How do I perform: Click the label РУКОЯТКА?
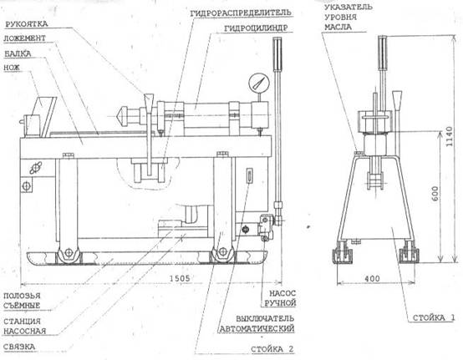coord(27,24)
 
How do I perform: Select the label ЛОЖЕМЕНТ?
coord(25,38)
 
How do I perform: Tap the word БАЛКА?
coord(18,53)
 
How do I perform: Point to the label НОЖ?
coord(12,68)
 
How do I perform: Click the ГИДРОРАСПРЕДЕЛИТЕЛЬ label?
coord(241,13)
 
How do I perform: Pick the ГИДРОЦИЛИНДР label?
coord(256,28)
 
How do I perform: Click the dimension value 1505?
coord(180,278)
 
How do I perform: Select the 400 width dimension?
coord(372,278)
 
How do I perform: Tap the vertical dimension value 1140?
coord(449,136)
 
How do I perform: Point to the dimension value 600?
coord(435,193)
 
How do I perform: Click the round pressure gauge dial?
coord(259,83)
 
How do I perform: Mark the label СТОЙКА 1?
coord(434,317)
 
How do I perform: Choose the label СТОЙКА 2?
coord(272,349)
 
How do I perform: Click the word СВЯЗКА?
coord(19,347)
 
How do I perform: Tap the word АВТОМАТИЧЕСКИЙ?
coord(257,328)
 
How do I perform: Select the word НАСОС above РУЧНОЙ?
coord(282,293)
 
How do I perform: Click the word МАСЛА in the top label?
coord(338,28)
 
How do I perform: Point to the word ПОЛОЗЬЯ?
coord(22,296)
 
